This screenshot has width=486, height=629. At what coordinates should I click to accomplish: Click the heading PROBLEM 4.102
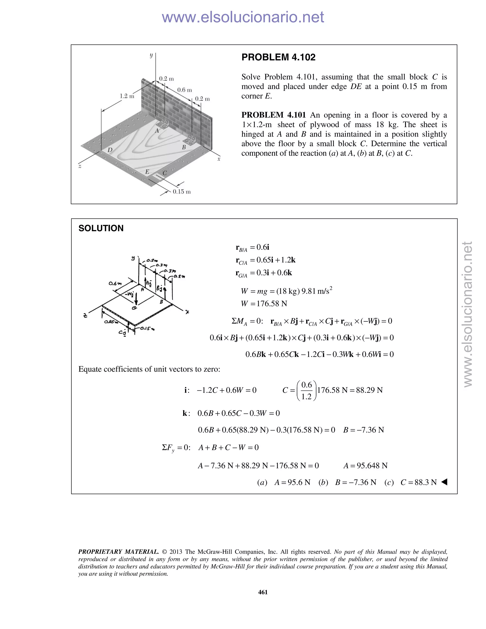click(278, 57)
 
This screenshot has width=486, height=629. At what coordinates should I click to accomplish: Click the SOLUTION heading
click(101, 228)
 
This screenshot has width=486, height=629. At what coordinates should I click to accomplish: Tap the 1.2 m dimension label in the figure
click(127, 96)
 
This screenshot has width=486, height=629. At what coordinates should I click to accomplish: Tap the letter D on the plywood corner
click(110, 150)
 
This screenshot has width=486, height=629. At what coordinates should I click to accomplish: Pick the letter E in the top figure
click(147, 172)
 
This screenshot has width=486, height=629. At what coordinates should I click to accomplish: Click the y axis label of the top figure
click(151, 55)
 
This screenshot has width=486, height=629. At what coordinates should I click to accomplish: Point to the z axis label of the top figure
click(80, 166)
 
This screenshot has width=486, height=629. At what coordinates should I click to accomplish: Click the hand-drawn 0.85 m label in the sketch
click(111, 322)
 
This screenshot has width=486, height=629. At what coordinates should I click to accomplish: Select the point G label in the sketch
click(134, 308)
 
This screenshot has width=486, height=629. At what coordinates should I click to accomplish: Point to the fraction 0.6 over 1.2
click(306, 390)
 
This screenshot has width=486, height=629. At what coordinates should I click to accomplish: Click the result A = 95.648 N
click(365, 466)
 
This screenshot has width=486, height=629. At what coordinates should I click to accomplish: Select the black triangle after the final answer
click(444, 482)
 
